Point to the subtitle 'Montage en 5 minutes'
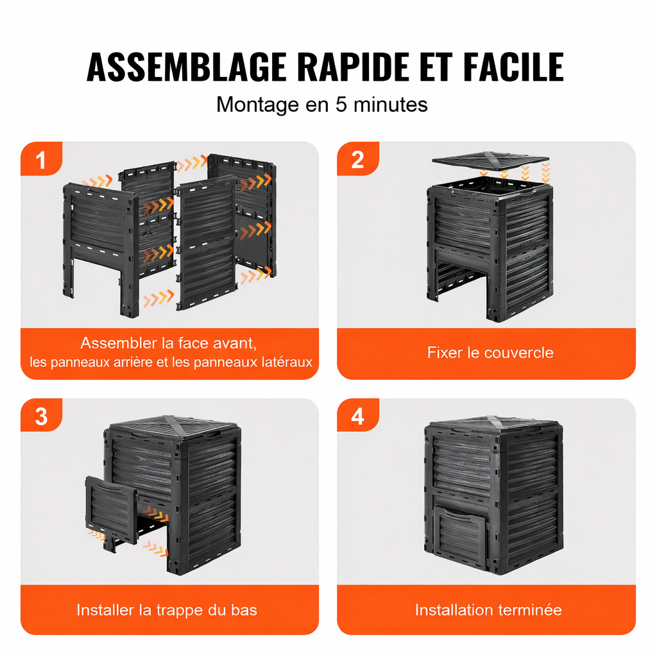[x=322, y=104]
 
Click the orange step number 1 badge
[x=41, y=160]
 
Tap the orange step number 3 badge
[x=41, y=416]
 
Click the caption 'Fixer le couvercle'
[x=490, y=352]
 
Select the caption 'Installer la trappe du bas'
[x=167, y=610]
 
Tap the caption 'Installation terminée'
[x=488, y=610]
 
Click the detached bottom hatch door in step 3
[x=110, y=509]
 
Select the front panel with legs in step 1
[x=101, y=237]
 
